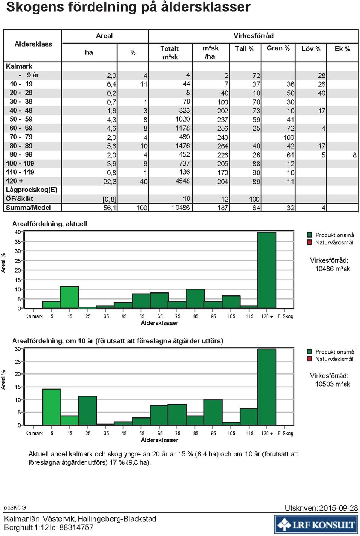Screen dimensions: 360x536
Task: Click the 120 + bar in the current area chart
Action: pyautogui.click(x=267, y=270)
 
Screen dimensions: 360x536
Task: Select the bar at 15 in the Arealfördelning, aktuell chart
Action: pyautogui.click(x=69, y=297)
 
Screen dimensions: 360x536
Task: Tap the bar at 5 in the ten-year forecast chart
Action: pyautogui.click(x=52, y=407)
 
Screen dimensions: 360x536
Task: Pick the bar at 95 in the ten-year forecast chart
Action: pyautogui.click(x=213, y=413)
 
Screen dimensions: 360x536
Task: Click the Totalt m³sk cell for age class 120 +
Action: pyautogui.click(x=183, y=181)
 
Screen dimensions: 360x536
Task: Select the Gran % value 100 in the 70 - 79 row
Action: pyautogui.click(x=289, y=137)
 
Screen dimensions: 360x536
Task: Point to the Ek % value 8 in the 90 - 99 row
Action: pyautogui.click(x=355, y=155)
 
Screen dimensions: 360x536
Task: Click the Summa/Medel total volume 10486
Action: pyautogui.click(x=181, y=208)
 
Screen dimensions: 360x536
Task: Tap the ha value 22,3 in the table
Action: pyautogui.click(x=110, y=182)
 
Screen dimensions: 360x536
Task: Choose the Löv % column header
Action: pyautogui.click(x=311, y=49)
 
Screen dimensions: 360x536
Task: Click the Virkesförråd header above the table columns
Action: pyautogui.click(x=253, y=36)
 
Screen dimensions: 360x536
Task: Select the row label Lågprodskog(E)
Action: pyautogui.click(x=31, y=190)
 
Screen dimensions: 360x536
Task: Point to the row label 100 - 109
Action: pyautogui.click(x=20, y=163)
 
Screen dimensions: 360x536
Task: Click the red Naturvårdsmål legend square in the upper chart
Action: pyautogui.click(x=309, y=242)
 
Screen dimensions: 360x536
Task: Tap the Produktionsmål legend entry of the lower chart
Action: pyautogui.click(x=331, y=352)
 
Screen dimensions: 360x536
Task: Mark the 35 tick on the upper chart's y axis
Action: pyautogui.click(x=18, y=242)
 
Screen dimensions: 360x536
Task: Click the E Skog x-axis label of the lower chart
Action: pyautogui.click(x=285, y=434)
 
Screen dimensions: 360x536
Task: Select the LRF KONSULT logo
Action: pyautogui.click(x=316, y=524)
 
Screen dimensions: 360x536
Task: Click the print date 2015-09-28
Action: pyautogui.click(x=339, y=508)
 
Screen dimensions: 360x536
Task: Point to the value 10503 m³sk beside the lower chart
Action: pyautogui.click(x=333, y=384)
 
